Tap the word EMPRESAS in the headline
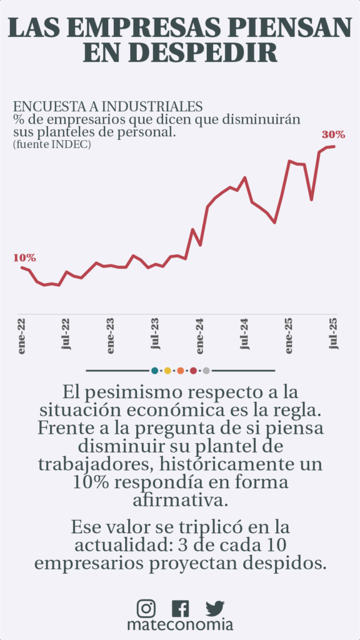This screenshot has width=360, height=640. click(150, 27)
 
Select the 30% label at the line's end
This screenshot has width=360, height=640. click(334, 134)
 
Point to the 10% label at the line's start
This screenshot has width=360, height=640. click(24, 257)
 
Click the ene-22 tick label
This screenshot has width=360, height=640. click(22, 337)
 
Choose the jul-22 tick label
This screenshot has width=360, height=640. click(66, 334)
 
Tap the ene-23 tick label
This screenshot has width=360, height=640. click(111, 337)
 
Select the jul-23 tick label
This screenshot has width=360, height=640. click(156, 334)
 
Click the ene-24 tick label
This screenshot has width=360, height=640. click(200, 337)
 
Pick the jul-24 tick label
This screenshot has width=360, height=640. click(245, 334)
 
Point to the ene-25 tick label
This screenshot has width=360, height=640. click(289, 337)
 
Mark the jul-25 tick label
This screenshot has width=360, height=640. click(334, 334)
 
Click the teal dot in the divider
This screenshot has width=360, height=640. click(154, 371)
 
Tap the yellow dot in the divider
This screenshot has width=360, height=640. click(167, 371)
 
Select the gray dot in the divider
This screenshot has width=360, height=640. click(206, 371)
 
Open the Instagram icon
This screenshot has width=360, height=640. click(146, 608)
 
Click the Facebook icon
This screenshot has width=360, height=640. click(181, 608)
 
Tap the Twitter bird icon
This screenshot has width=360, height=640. click(215, 608)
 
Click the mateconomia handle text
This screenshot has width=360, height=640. click(180, 625)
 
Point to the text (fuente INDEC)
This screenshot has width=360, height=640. click(52, 144)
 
